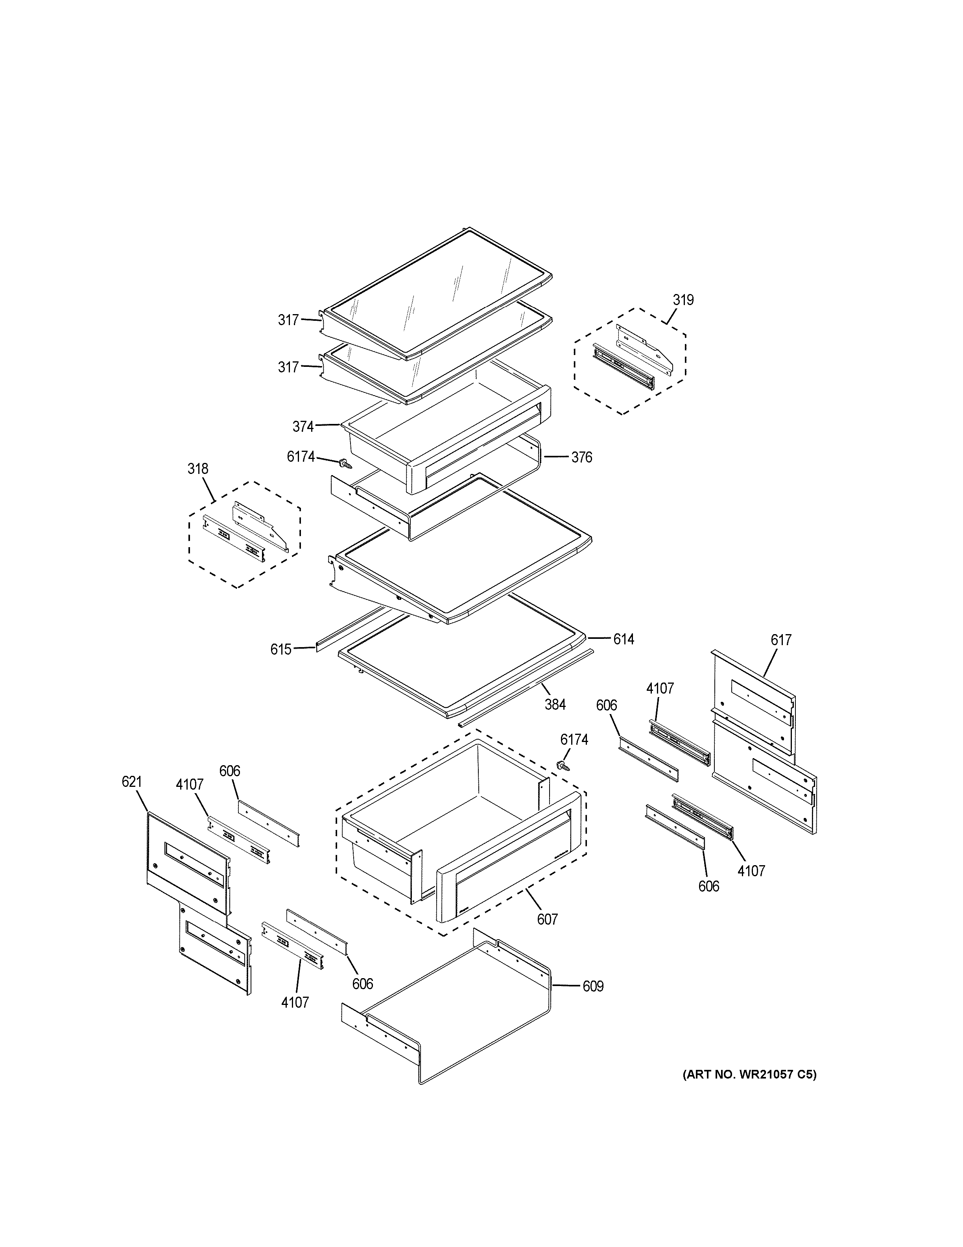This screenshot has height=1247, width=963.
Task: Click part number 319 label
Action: [683, 300]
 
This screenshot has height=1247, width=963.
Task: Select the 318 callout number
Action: [198, 469]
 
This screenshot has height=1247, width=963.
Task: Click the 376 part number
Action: [581, 457]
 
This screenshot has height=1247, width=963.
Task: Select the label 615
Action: [281, 649]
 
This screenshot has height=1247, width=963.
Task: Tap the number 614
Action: [623, 639]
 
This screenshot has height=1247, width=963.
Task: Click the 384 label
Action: [555, 705]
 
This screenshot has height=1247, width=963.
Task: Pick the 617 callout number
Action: [780, 640]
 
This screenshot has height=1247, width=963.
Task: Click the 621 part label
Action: [132, 782]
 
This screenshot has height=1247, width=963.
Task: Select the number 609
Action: [593, 986]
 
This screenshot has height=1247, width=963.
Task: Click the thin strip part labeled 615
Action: [348, 630]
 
